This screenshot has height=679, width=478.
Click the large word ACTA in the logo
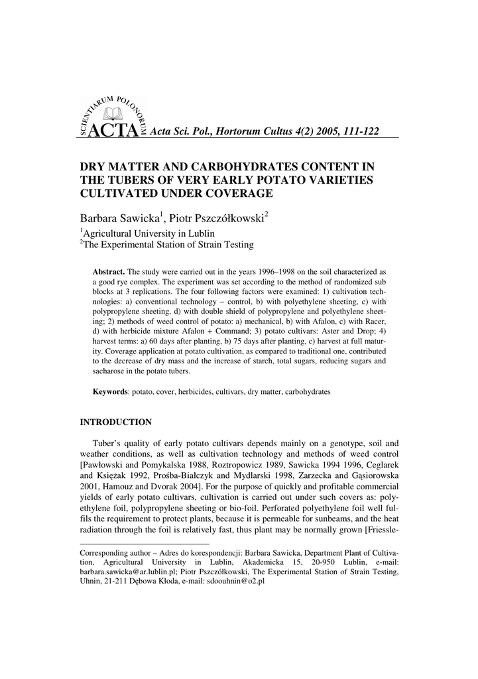pos(112,131)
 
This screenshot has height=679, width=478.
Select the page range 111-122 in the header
pos(357,132)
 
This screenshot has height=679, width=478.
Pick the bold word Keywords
pos(110,392)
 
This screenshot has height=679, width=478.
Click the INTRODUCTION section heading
pos(115,422)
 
